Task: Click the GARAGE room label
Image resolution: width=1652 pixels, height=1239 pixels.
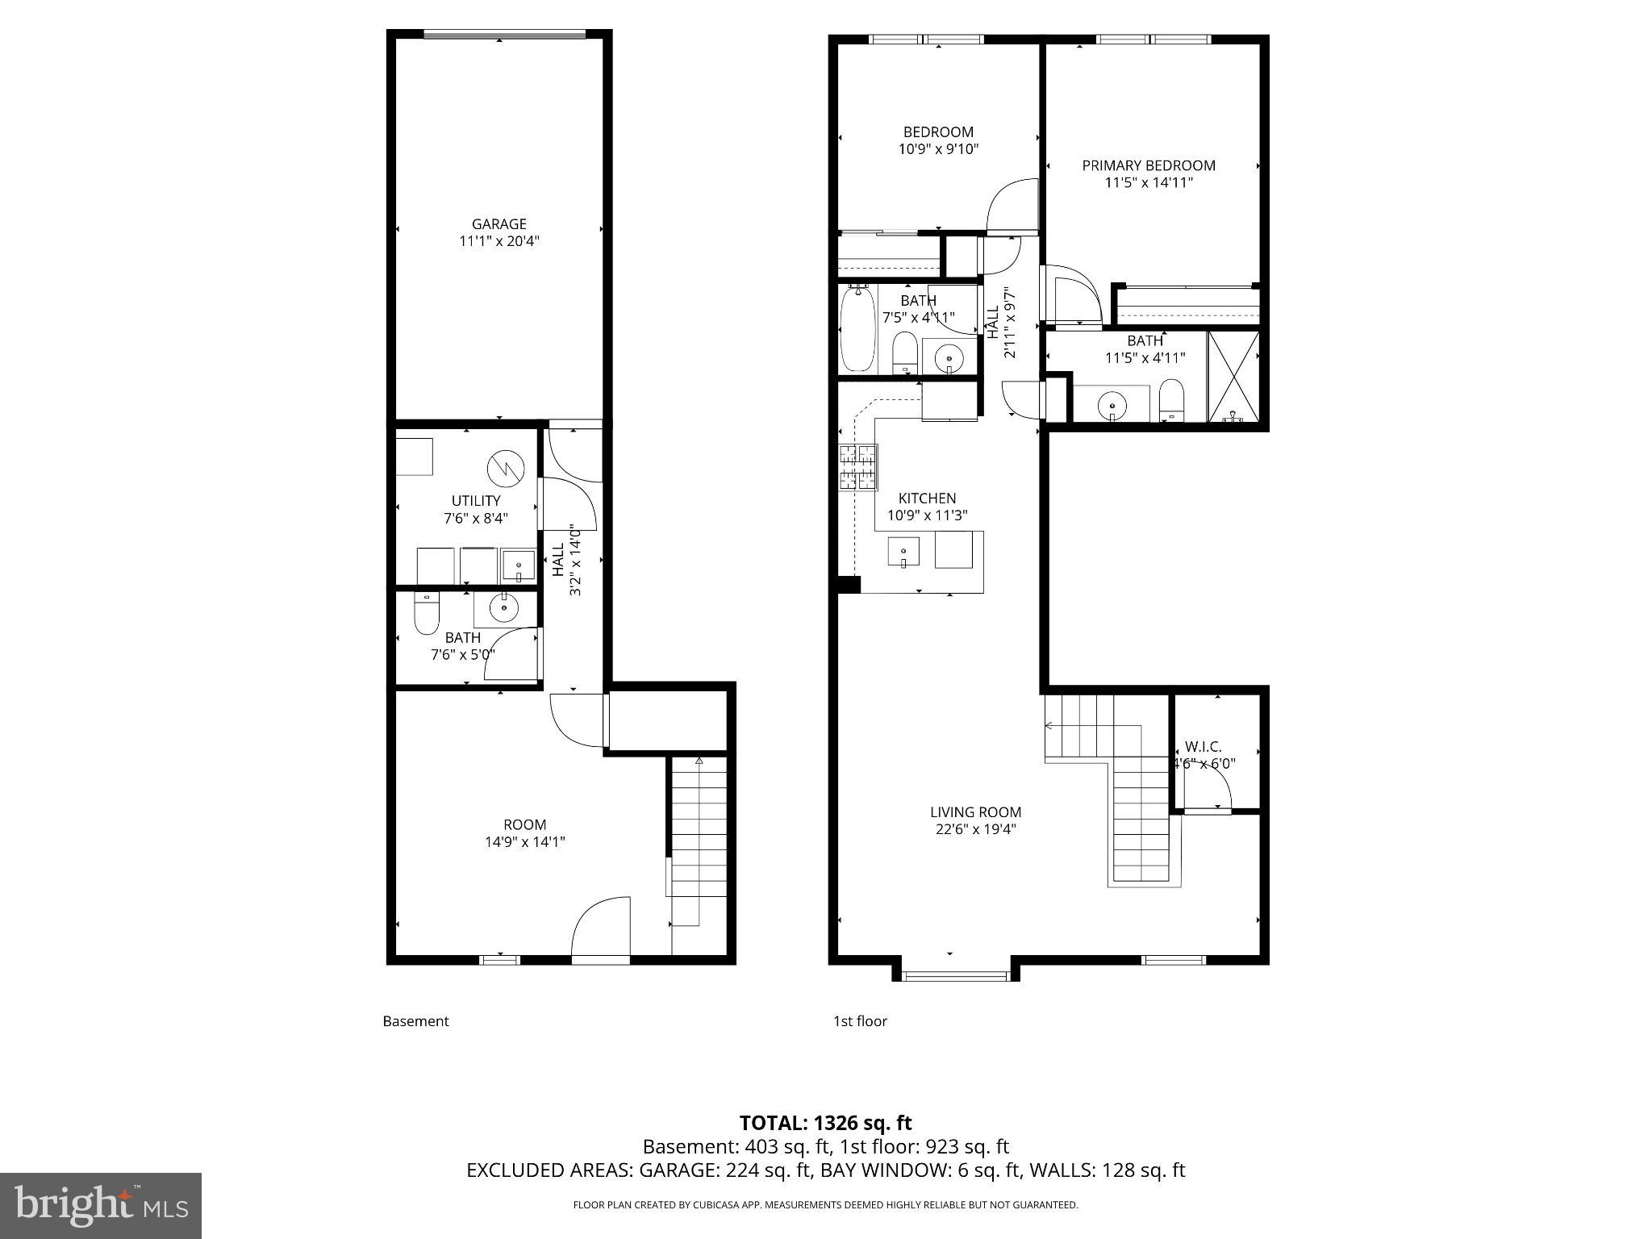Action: click(x=499, y=224)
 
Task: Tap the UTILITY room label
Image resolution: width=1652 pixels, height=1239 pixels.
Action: click(x=475, y=501)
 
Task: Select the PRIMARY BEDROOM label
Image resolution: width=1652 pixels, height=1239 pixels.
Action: click(x=1149, y=165)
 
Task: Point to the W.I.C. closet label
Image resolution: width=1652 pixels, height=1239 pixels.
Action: click(x=1203, y=747)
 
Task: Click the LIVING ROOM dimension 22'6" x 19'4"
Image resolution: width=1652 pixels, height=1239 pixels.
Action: click(x=975, y=829)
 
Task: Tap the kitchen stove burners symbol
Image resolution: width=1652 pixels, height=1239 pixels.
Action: click(x=858, y=468)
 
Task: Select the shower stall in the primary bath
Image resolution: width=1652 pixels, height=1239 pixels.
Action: click(x=1233, y=377)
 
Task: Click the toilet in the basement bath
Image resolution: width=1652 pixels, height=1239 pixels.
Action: click(x=426, y=614)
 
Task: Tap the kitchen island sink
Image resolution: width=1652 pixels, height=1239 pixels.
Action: click(x=903, y=552)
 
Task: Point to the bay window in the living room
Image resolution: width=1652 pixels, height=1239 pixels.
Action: click(x=955, y=976)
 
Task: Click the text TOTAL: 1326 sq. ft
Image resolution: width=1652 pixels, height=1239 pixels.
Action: click(x=825, y=1123)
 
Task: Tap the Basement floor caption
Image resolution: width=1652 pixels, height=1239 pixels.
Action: click(x=415, y=1021)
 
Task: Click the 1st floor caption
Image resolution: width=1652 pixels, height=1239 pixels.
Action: click(x=860, y=1021)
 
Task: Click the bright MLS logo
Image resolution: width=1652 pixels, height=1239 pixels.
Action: click(x=101, y=1205)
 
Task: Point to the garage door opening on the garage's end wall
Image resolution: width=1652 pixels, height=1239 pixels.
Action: click(x=504, y=35)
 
